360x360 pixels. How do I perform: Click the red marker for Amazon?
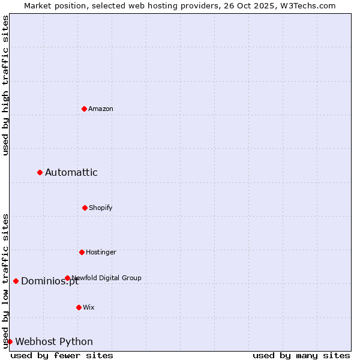pyautogui.click(x=84, y=109)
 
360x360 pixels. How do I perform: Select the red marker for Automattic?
pyautogui.click(x=40, y=173)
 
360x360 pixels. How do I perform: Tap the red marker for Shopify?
pyautogui.click(x=85, y=208)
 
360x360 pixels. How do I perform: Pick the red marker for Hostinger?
pyautogui.click(x=82, y=252)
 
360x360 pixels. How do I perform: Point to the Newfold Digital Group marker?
pyautogui.click(x=67, y=278)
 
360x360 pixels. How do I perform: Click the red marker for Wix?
pyautogui.click(x=79, y=307)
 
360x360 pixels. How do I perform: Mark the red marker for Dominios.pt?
pyautogui.click(x=16, y=281)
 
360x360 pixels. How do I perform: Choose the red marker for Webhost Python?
pyautogui.click(x=10, y=341)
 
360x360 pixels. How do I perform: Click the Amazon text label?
pyautogui.click(x=101, y=109)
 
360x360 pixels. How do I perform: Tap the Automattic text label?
pyautogui.click(x=71, y=173)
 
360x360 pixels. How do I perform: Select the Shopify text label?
pyautogui.click(x=101, y=208)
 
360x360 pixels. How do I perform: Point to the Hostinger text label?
pyautogui.click(x=101, y=252)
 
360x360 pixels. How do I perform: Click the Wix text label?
pyautogui.click(x=89, y=307)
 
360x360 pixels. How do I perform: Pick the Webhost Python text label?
pyautogui.click(x=54, y=342)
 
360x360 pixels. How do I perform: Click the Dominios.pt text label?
pyautogui.click(x=50, y=282)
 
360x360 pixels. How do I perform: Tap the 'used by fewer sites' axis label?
pyautogui.click(x=62, y=356)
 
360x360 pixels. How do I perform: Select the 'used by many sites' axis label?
pyautogui.click(x=301, y=356)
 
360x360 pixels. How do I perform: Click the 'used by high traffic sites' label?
pyautogui.click(x=6, y=85)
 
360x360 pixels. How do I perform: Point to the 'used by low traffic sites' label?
pyautogui.click(x=6, y=280)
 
